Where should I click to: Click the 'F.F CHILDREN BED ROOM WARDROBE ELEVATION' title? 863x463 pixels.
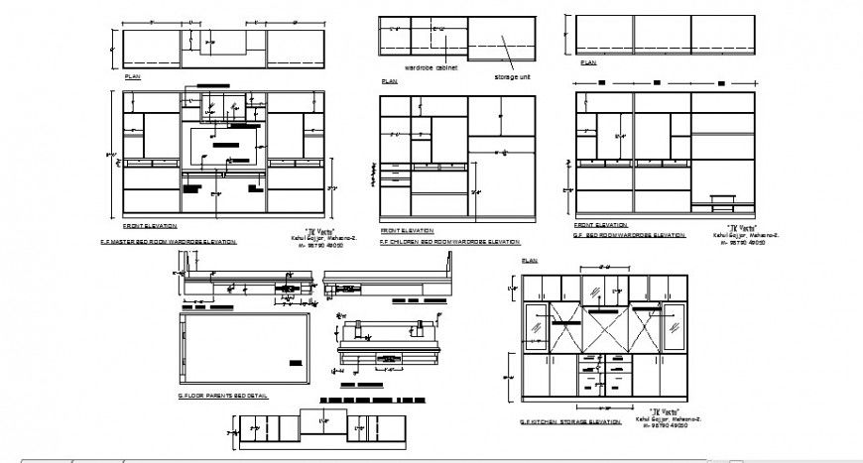449,242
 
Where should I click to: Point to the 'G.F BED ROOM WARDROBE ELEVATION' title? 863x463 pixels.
629,235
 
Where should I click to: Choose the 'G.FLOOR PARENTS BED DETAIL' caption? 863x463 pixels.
222,396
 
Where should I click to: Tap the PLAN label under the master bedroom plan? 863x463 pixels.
132,76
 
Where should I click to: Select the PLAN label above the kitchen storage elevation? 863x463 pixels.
526,260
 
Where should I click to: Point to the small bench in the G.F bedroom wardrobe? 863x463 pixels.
722,202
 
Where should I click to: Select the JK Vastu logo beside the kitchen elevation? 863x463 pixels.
663,410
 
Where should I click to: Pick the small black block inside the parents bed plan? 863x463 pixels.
295,358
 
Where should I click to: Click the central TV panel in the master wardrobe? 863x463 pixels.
225,146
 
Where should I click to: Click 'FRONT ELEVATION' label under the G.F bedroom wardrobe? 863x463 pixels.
597,225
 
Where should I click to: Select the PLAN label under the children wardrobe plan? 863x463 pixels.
389,81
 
